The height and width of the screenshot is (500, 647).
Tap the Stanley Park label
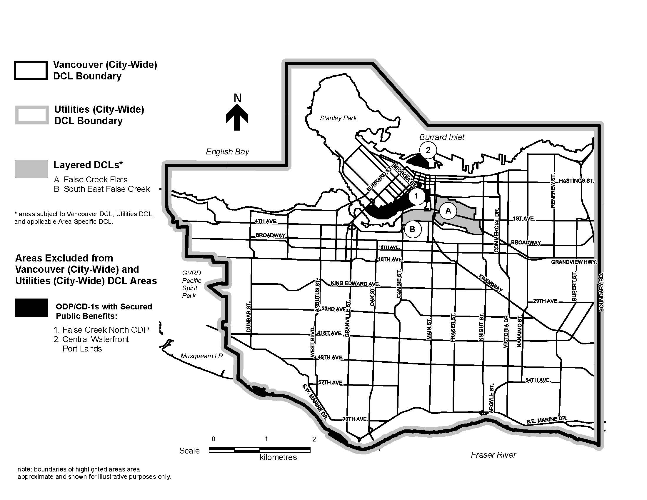pos(338,118)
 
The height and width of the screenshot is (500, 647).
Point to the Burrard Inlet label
pos(442,137)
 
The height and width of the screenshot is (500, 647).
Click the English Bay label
pos(227,152)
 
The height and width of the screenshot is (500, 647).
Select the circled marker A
pos(448,211)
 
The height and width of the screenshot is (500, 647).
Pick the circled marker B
pos(412,229)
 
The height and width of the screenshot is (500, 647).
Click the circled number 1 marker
pos(416,196)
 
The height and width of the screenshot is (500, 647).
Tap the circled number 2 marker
pos(428,150)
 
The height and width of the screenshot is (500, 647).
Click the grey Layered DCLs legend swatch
pos(31,169)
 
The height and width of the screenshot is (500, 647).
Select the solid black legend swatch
pos(31,308)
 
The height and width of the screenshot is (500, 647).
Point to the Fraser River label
pos(493,455)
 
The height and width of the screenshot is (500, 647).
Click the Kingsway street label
pos(491,283)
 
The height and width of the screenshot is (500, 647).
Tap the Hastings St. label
pos(576,181)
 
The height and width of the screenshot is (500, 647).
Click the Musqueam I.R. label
pos(203,356)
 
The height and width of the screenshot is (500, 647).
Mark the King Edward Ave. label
pos(355,283)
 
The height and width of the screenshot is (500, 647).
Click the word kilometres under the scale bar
pos(278,457)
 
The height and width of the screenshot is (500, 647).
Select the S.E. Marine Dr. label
pos(547,420)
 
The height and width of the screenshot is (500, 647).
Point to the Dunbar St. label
pos(249,317)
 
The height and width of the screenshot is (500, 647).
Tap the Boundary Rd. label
pos(601,292)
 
